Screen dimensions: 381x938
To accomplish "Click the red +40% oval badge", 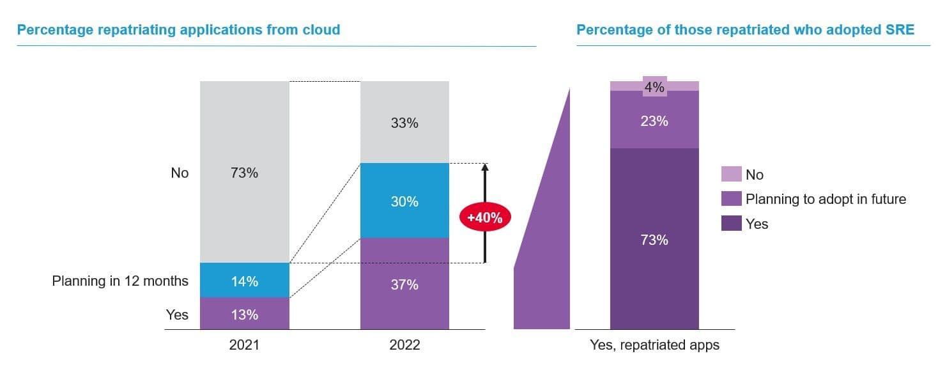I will point(484,217).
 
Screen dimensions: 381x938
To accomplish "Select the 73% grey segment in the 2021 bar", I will point(244,173).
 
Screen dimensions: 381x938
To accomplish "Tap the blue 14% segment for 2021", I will point(244,281).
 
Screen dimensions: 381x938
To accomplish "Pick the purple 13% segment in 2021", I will point(244,314).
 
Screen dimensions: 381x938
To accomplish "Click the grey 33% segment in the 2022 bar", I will point(404,123).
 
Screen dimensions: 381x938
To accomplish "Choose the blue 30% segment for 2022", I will point(404,201).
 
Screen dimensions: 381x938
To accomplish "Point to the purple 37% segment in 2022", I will point(404,284).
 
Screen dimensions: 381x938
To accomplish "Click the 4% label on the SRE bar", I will point(654,88).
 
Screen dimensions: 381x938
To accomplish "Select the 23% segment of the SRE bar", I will point(654,120).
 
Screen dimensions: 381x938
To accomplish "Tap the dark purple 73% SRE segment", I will point(654,240).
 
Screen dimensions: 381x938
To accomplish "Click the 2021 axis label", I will point(244,345).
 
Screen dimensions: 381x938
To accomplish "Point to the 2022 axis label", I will point(404,345).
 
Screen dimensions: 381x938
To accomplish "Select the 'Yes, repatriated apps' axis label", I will point(654,345).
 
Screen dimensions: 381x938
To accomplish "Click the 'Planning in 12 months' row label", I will point(120,281).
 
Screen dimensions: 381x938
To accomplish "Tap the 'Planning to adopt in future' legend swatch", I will point(732,199).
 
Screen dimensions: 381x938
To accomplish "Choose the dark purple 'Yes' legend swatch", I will point(732,224).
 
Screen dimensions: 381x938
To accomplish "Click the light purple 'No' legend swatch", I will point(732,174).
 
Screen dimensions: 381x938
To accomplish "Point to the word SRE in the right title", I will point(900,29).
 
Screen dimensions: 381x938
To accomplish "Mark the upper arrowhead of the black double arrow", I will point(484,168).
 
